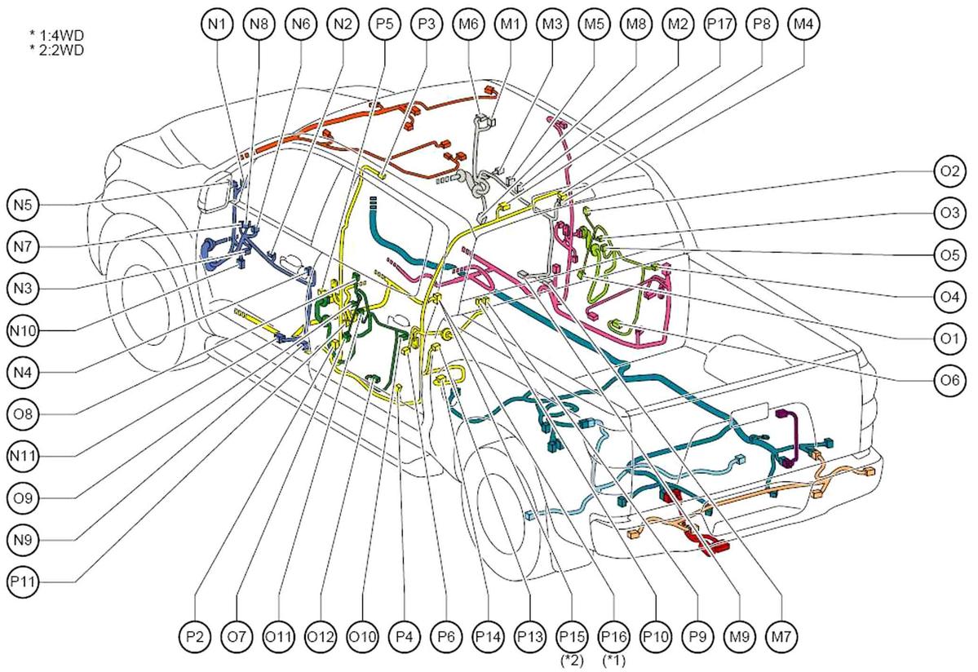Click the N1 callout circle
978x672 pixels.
[217, 24]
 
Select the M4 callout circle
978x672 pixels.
[803, 24]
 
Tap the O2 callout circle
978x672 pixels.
[949, 170]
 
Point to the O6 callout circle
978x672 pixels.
[949, 380]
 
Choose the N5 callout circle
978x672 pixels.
[23, 205]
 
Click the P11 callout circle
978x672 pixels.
[23, 581]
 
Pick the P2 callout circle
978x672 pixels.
[195, 636]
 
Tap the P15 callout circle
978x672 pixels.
[572, 636]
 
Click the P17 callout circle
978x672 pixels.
[719, 24]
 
